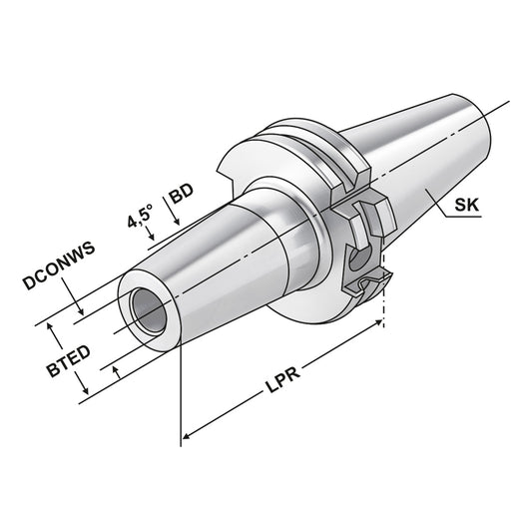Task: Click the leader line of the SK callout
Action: point(444,218)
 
